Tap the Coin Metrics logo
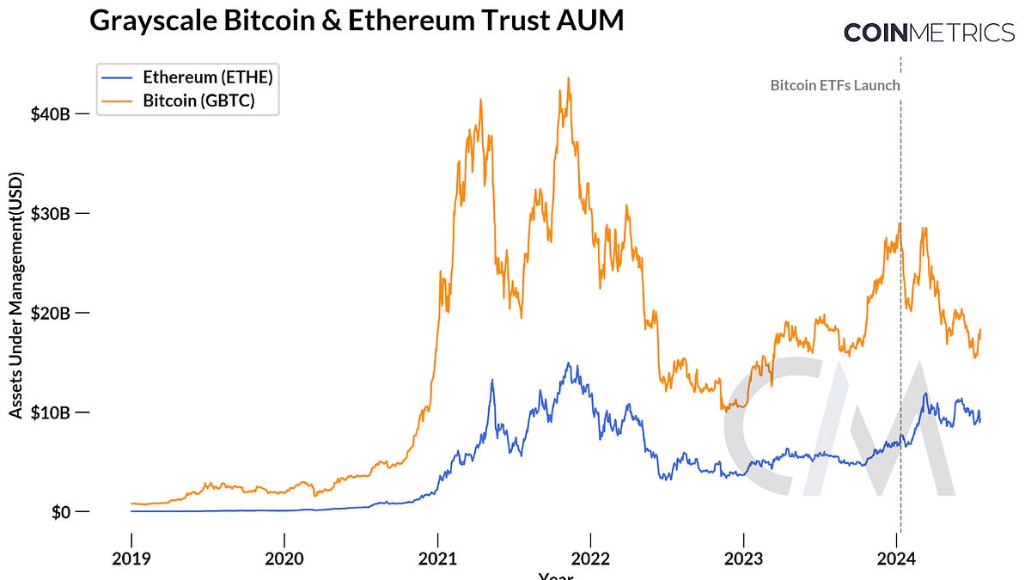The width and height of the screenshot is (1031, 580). pyautogui.click(x=929, y=33)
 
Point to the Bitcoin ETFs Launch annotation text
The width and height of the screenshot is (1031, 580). pyautogui.click(x=834, y=85)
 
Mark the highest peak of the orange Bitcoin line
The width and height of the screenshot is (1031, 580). pyautogui.click(x=568, y=78)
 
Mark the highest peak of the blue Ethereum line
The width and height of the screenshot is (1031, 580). pyautogui.click(x=567, y=363)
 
